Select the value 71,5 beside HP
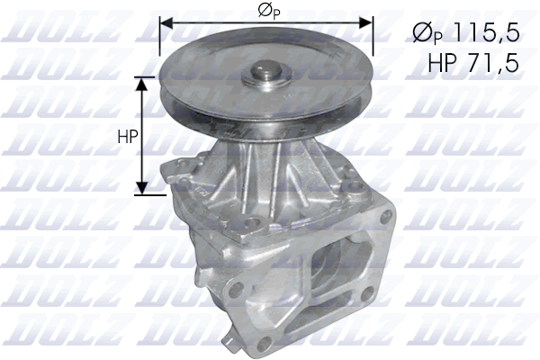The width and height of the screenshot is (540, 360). tap(491, 62)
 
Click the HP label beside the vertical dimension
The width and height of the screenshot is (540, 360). tap(127, 137)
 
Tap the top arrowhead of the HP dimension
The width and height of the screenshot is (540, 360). tap(142, 83)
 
